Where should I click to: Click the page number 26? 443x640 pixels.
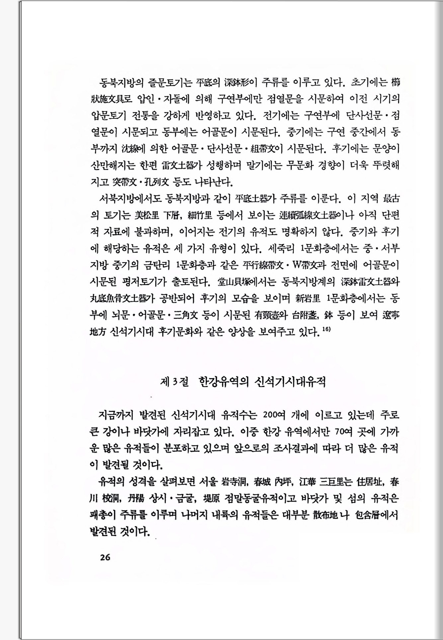(105, 557)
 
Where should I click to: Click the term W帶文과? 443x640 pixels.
(309, 266)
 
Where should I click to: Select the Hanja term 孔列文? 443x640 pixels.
(156, 182)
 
